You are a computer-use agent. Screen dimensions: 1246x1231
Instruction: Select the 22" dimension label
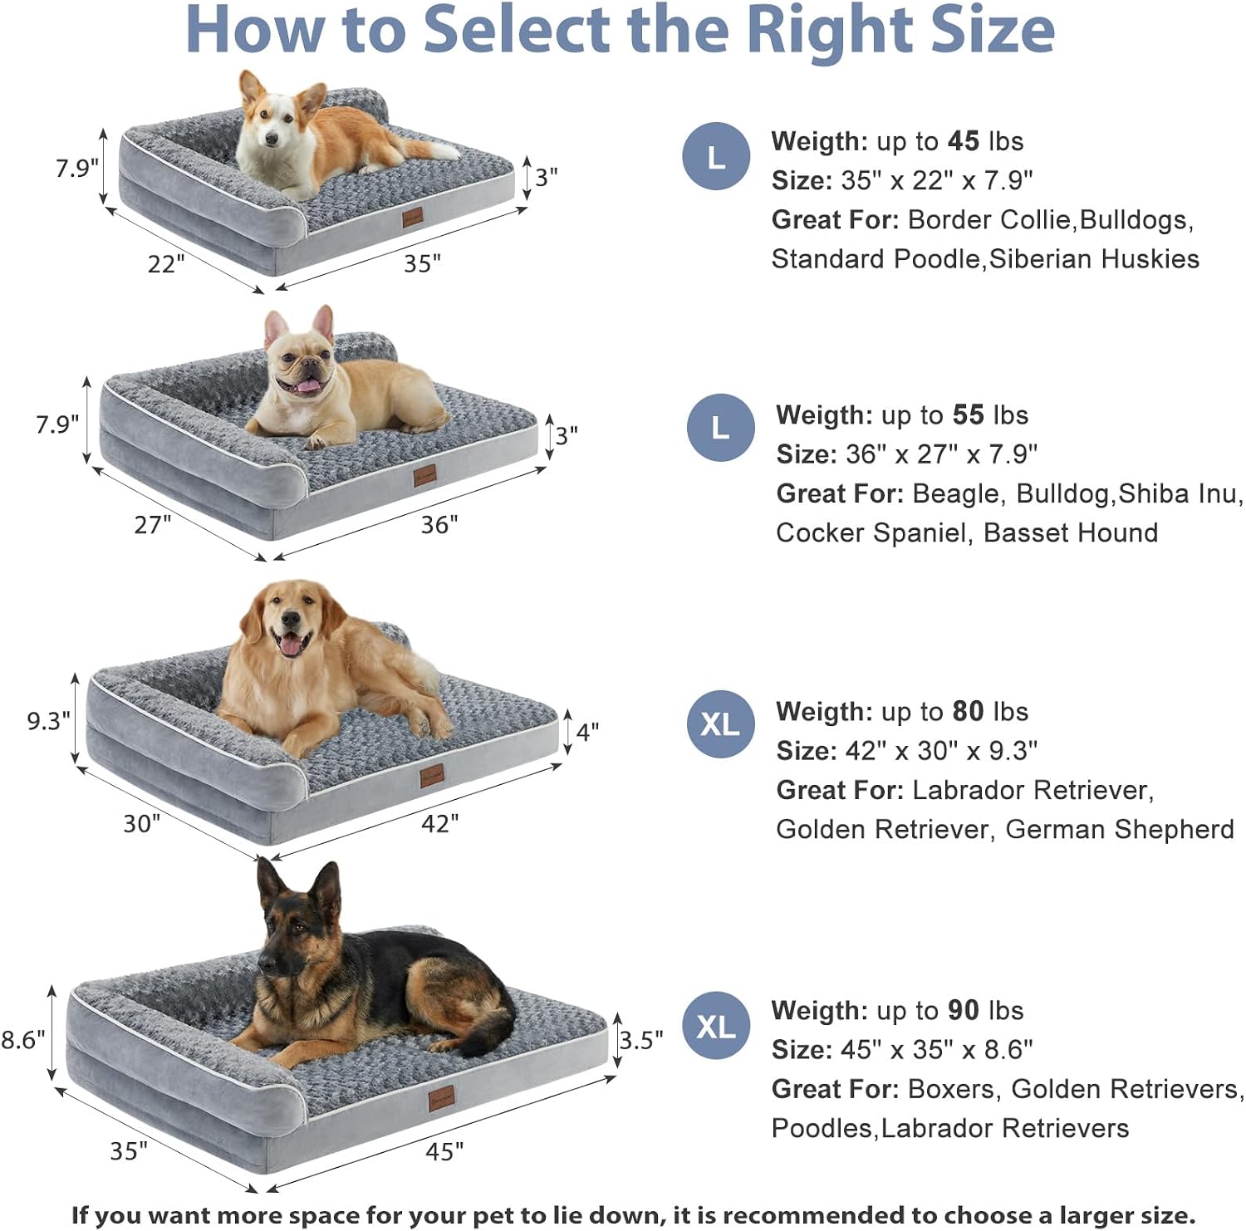pyautogui.click(x=166, y=264)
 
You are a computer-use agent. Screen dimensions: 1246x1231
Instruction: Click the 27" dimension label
pyautogui.click(x=153, y=525)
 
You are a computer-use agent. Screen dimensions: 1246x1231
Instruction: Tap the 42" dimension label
pyautogui.click(x=439, y=823)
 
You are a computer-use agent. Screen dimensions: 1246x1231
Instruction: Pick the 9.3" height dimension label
pyautogui.click(x=49, y=720)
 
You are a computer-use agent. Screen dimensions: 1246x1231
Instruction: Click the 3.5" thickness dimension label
pyautogui.click(x=641, y=1040)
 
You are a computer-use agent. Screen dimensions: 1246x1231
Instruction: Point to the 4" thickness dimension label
pyautogui.click(x=587, y=732)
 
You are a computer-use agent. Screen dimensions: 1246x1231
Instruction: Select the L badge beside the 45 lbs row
pyautogui.click(x=716, y=156)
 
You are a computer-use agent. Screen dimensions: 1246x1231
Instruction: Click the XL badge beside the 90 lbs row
pyautogui.click(x=716, y=1027)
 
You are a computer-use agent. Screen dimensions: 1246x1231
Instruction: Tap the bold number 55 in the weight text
pyautogui.click(x=968, y=414)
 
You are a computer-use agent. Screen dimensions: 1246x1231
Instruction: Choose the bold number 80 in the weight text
pyautogui.click(x=968, y=711)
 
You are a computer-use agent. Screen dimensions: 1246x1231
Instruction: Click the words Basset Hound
pyautogui.click(x=1071, y=532)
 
